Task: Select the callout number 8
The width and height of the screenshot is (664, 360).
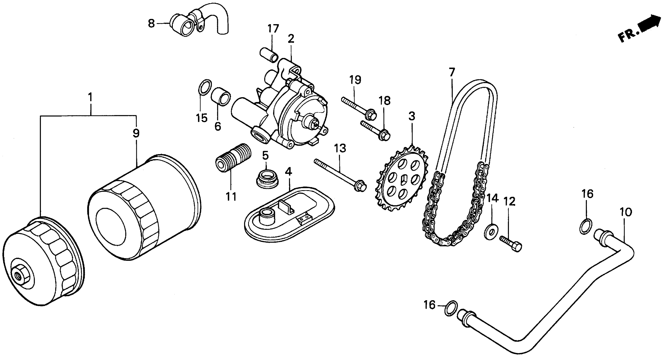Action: (x=151, y=24)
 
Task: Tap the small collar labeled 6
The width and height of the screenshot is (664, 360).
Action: (x=221, y=96)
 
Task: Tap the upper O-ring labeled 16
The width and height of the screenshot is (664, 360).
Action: (x=586, y=226)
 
